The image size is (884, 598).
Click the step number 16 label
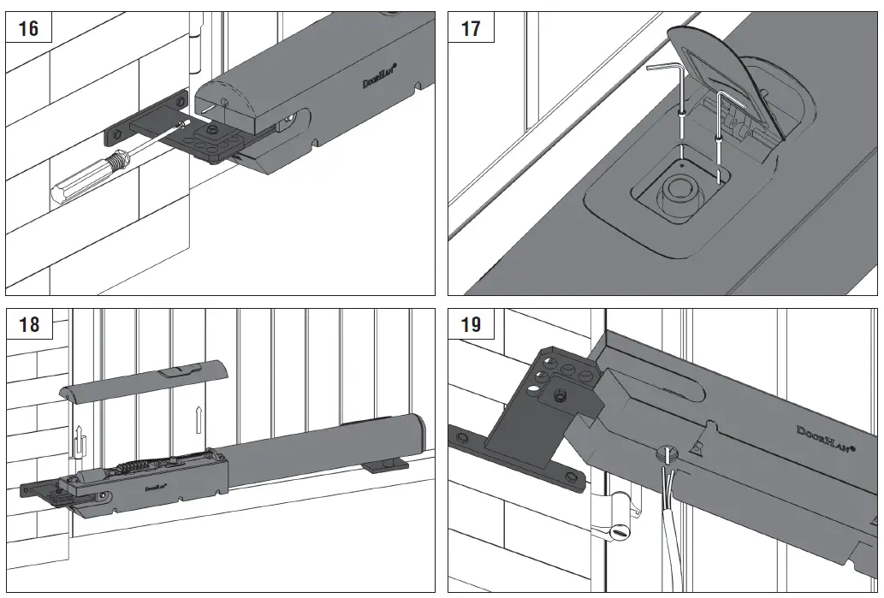(28, 28)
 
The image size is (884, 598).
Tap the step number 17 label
(471, 28)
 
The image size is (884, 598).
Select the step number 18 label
(28, 324)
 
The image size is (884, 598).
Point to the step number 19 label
(471, 324)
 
